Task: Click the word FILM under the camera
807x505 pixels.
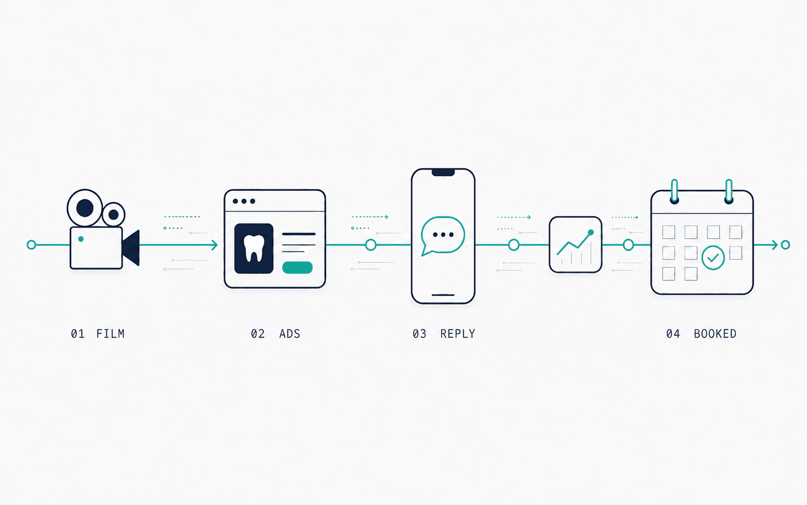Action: tap(110, 334)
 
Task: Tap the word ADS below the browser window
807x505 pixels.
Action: tap(290, 334)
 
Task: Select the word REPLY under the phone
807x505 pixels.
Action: tap(457, 334)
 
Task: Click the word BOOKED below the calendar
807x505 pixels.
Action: tap(715, 334)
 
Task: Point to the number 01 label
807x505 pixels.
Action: tap(78, 334)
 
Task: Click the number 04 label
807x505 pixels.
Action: tap(673, 334)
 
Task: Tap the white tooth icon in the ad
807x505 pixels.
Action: tap(254, 248)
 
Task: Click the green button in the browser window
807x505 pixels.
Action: tap(297, 267)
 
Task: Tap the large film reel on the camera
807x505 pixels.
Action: tap(85, 208)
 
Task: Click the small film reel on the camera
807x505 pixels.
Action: tap(113, 214)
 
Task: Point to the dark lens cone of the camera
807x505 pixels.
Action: tap(131, 248)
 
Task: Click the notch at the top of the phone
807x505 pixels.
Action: tap(443, 172)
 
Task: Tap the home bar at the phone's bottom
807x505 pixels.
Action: tap(443, 295)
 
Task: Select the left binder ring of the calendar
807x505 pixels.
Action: tap(674, 191)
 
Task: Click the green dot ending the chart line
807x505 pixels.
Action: tap(591, 233)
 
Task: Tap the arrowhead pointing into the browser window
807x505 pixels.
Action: tap(215, 245)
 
